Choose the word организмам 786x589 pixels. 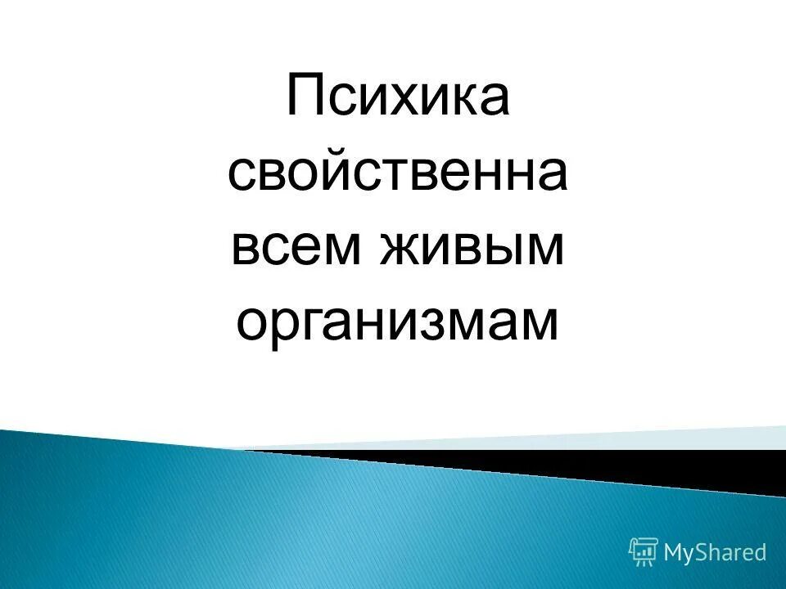pyautogui.click(x=398, y=322)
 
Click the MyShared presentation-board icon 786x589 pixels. pyautogui.click(x=644, y=551)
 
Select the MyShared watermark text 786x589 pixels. pyautogui.click(x=715, y=553)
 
